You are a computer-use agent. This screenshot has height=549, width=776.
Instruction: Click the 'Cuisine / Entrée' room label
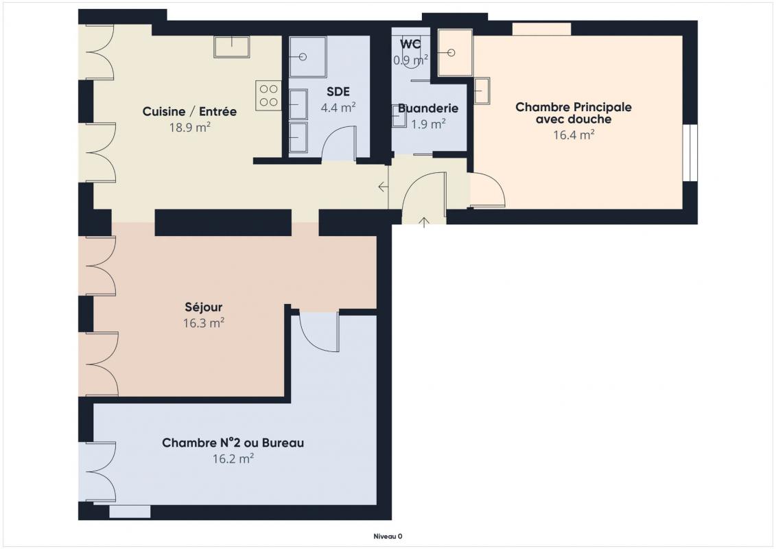click(189, 111)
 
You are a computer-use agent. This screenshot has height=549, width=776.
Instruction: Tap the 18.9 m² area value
click(190, 127)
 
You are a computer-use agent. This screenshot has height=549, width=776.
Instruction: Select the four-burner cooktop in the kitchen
click(268, 95)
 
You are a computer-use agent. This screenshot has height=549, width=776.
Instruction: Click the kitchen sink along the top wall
click(232, 47)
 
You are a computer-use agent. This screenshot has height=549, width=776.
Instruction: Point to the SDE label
click(338, 91)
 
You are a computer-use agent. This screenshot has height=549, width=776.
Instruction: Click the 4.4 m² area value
click(338, 108)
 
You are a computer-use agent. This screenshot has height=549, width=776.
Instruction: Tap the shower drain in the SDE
click(303, 57)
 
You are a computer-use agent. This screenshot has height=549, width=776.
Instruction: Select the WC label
click(410, 43)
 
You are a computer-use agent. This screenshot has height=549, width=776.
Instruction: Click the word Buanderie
click(428, 108)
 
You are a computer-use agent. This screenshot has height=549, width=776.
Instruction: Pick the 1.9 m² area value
click(429, 124)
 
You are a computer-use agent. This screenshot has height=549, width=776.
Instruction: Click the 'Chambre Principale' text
click(574, 107)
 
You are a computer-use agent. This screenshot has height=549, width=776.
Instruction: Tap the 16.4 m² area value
click(574, 135)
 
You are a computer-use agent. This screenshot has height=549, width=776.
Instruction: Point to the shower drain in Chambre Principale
click(451, 52)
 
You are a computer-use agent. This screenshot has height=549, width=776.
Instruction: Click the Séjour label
click(203, 307)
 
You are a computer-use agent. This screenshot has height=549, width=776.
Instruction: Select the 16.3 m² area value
click(203, 323)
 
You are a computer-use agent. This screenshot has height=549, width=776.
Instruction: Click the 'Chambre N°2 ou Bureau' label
click(233, 443)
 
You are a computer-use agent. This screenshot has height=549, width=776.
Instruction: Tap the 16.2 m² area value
click(233, 458)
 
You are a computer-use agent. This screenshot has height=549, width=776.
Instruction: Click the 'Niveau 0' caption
click(388, 536)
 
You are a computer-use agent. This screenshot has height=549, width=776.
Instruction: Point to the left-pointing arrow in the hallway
click(383, 187)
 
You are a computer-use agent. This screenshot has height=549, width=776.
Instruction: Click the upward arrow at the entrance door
click(424, 222)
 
